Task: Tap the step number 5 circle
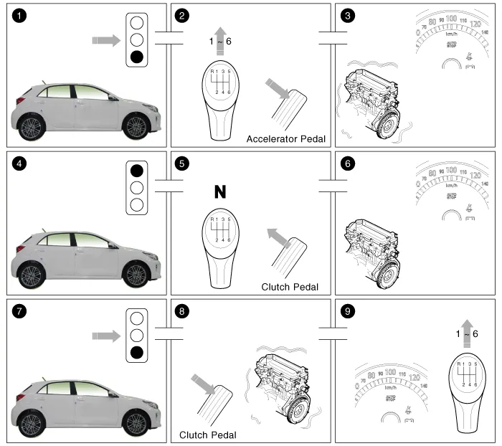[183, 164]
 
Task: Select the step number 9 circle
[346, 312]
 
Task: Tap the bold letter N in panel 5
[219, 191]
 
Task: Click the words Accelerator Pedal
[285, 139]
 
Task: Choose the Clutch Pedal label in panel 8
[208, 435]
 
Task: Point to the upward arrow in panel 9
[467, 328]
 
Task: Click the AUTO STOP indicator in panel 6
[450, 194]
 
